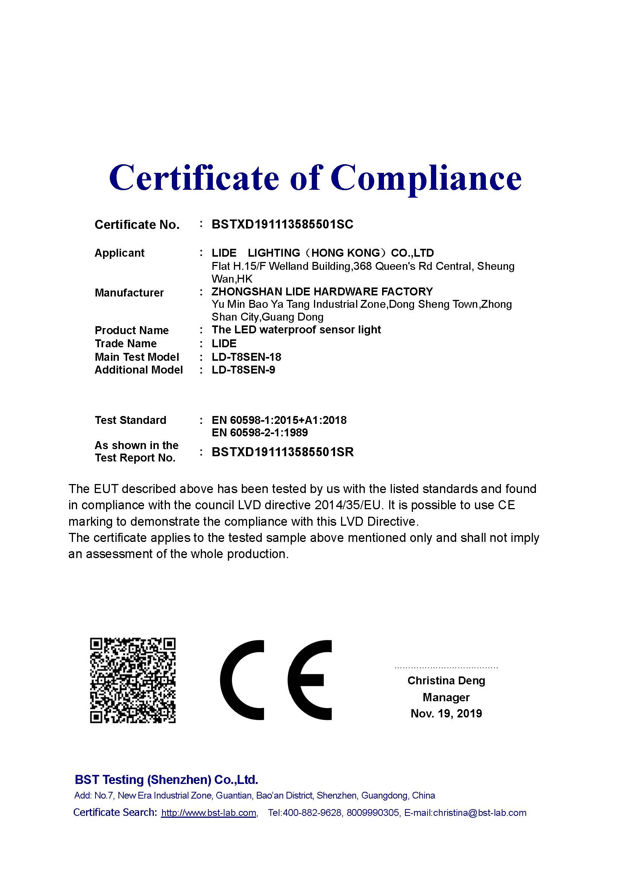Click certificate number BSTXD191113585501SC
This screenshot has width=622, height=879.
coord(282,224)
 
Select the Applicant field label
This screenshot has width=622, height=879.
coord(120,253)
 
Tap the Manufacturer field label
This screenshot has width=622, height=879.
coord(129,293)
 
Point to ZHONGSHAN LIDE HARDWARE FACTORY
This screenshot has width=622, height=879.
coord(322,292)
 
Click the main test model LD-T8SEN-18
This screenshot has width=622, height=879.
coord(246,357)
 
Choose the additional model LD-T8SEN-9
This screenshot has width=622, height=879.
coord(243,370)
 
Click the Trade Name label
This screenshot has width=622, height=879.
coord(126,344)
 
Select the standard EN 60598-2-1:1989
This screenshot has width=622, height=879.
coord(260,433)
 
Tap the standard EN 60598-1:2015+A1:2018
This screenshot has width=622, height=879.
coord(279,421)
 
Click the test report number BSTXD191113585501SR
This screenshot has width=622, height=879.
coord(283,452)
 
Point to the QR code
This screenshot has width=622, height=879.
coord(132,680)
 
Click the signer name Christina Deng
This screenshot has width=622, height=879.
coord(446,681)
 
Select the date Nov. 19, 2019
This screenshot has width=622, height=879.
coord(446,714)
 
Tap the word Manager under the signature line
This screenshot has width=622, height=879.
coord(446,697)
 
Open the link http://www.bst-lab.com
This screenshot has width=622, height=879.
coord(209,813)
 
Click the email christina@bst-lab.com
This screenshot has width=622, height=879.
coord(479,813)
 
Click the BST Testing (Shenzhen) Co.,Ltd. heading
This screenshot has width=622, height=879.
coord(166,780)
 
